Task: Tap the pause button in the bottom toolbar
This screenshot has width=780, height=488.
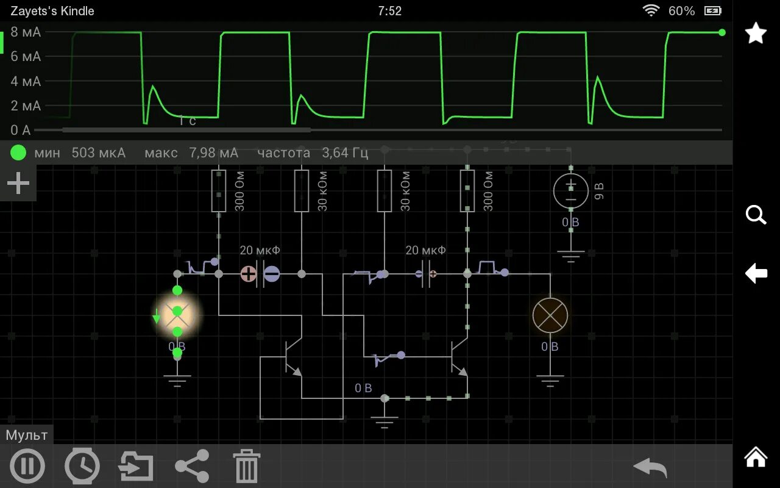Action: point(27,466)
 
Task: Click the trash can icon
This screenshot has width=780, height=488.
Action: point(247,467)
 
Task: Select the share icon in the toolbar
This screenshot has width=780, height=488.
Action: point(192,466)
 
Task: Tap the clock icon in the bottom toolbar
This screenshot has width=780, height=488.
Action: point(82,466)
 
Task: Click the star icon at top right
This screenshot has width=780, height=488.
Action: point(756,33)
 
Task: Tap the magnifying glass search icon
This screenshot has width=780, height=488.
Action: point(756,215)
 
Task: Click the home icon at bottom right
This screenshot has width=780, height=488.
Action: point(756,457)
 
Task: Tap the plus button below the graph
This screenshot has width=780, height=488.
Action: point(18,183)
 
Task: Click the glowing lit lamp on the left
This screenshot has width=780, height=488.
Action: point(177,315)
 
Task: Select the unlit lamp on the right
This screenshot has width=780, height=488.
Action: point(550,315)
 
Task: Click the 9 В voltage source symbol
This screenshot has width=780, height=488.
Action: point(570,191)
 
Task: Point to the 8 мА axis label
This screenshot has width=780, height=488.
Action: point(26,32)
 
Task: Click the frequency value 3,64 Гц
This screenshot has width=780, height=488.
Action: point(345,152)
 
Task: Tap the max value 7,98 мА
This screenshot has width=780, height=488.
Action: point(213,152)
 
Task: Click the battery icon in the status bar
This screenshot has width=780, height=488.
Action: point(713,11)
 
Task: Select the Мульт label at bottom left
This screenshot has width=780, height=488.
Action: point(27,435)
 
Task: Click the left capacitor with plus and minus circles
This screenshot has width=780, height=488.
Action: point(260,274)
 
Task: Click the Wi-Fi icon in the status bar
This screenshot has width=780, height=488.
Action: point(651,11)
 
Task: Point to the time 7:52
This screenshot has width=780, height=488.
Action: point(389,11)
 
